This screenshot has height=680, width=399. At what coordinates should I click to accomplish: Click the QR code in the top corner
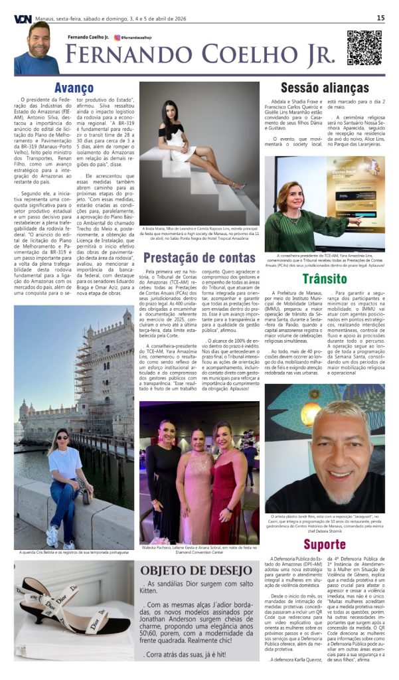[364, 48]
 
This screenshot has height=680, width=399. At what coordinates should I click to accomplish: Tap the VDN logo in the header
[22, 18]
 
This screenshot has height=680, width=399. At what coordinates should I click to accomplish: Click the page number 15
[380, 18]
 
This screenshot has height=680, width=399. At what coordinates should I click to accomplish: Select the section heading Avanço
[74, 88]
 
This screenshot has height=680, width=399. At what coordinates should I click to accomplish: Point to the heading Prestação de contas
[199, 257]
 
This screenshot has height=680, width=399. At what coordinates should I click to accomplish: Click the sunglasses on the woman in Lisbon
[63, 436]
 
